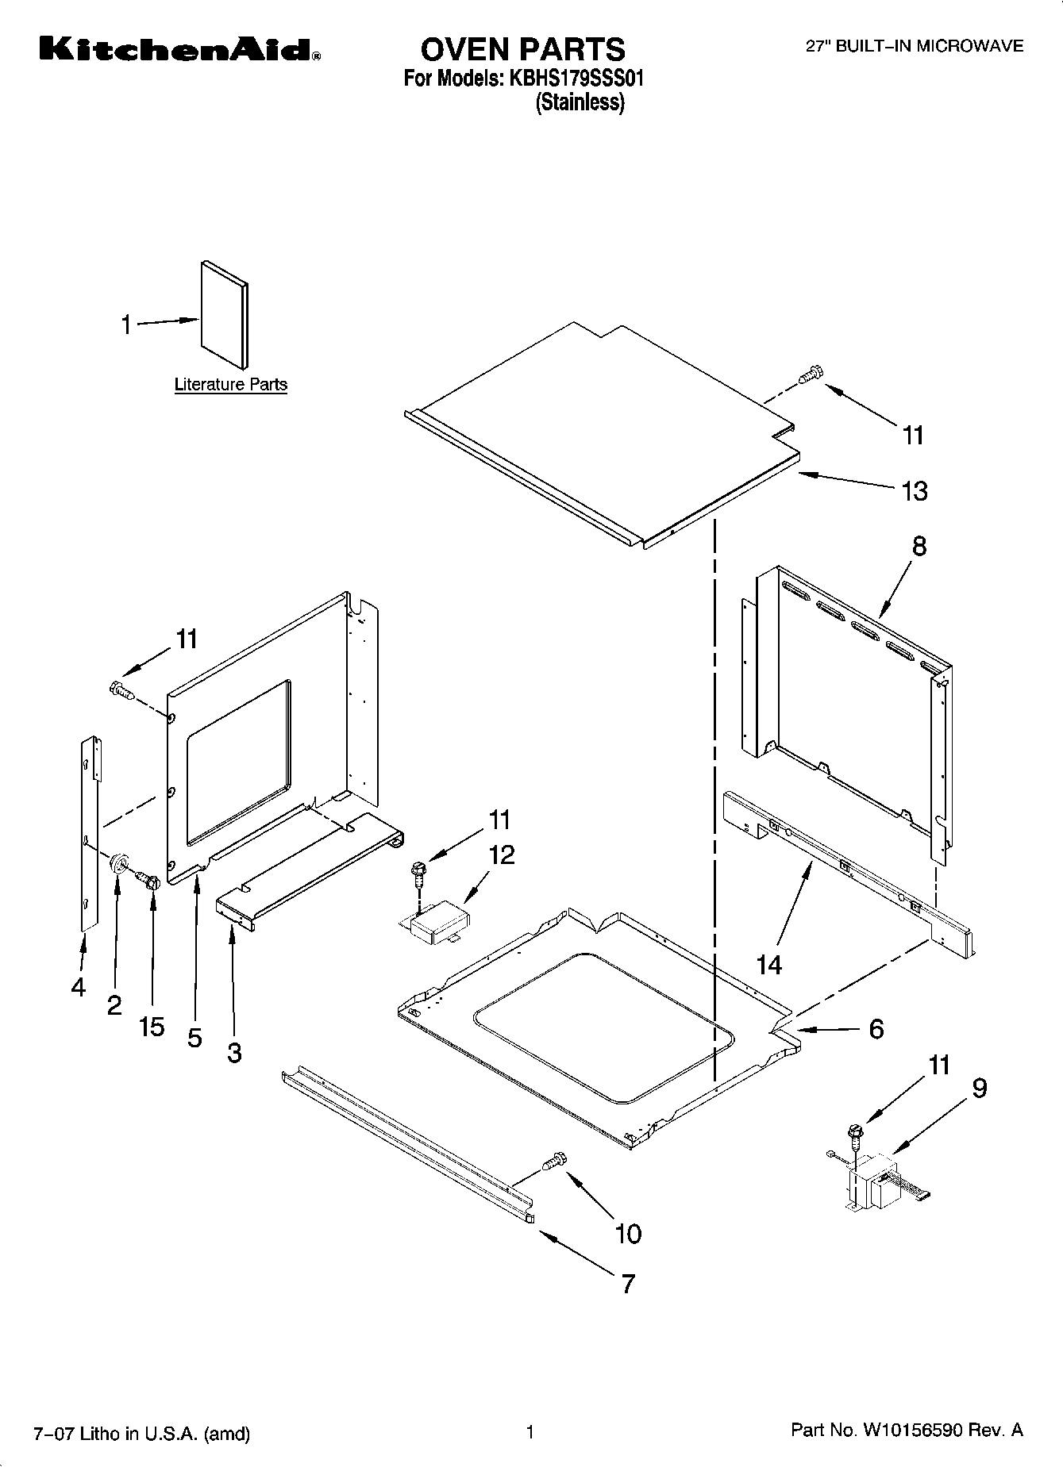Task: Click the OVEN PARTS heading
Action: click(522, 49)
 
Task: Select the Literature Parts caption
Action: click(230, 385)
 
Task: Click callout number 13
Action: click(915, 491)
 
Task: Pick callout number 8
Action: click(919, 546)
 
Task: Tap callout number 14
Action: click(768, 965)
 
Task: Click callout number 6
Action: click(876, 1029)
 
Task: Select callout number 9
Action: click(979, 1089)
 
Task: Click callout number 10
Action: click(628, 1233)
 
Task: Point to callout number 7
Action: click(628, 1284)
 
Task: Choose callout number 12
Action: click(502, 854)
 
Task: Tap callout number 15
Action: click(152, 1027)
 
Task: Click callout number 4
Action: click(78, 987)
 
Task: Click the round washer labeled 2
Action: click(120, 862)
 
